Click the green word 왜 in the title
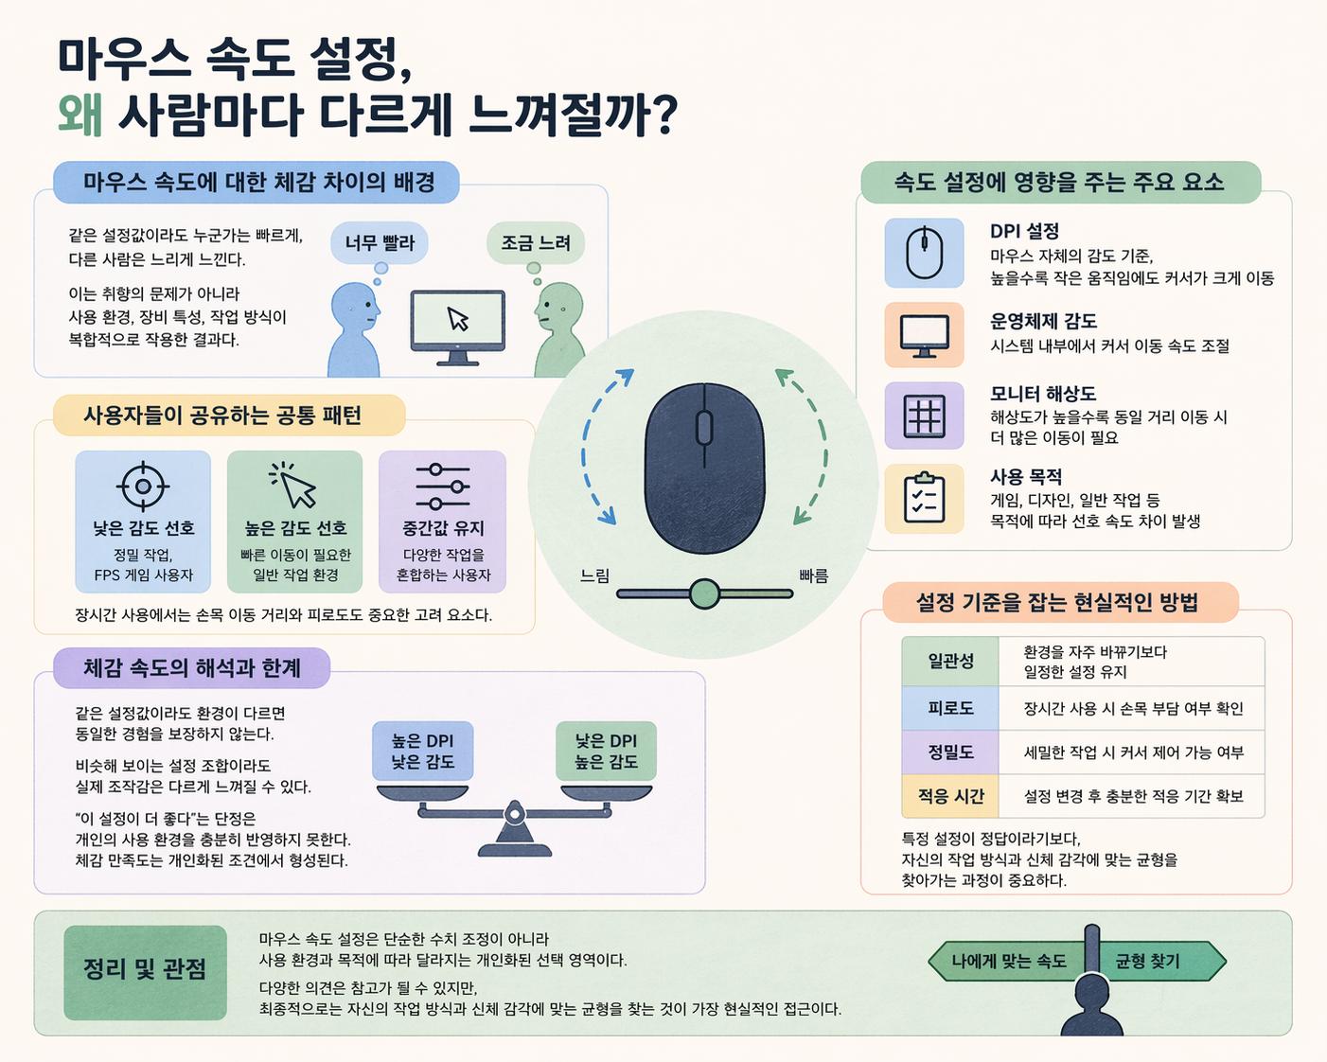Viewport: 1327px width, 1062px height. (x=80, y=115)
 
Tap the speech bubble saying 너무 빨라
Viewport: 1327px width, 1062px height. (x=380, y=243)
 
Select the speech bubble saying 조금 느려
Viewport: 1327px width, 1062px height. (x=536, y=243)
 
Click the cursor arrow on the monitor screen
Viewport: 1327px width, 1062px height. (x=458, y=319)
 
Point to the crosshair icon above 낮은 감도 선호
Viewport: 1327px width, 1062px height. (x=143, y=487)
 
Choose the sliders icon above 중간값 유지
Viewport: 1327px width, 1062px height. (x=443, y=487)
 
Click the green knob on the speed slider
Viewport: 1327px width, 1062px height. (x=704, y=594)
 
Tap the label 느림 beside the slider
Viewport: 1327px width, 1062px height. (x=595, y=575)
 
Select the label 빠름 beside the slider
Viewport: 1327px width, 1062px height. (x=813, y=575)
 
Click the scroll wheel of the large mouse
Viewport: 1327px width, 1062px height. (x=704, y=428)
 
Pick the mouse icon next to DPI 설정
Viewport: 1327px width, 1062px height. (x=924, y=254)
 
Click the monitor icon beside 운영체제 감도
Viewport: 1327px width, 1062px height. (x=924, y=335)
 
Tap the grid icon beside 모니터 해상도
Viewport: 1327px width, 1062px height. (x=924, y=416)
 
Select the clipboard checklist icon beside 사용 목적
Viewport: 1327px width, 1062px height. (x=924, y=499)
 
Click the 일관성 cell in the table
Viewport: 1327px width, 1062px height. (x=950, y=661)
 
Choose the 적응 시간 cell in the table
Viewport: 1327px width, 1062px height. (x=950, y=796)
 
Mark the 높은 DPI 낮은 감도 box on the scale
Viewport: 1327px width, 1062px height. (x=422, y=752)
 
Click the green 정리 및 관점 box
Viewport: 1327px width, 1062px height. (x=145, y=971)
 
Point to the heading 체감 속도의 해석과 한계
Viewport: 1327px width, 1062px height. (x=191, y=668)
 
